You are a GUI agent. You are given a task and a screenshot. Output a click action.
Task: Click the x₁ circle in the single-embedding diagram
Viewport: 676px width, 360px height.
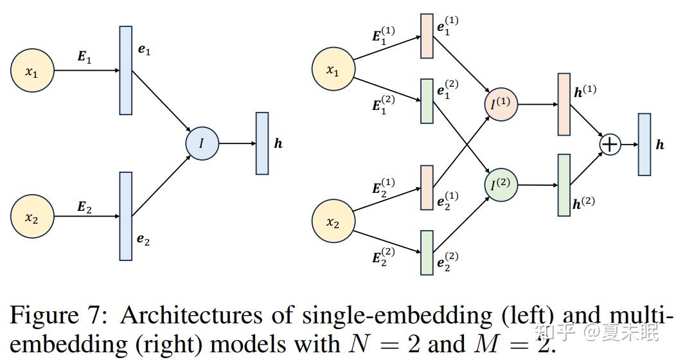coord(32,71)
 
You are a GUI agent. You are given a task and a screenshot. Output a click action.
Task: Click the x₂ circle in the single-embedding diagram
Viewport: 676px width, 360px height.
coord(32,217)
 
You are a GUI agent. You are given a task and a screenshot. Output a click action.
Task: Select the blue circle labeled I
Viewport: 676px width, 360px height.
coord(202,143)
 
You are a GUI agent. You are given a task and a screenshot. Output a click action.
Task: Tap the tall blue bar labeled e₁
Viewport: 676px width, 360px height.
coord(126,70)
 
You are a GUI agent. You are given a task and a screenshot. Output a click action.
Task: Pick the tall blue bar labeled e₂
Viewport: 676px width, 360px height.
coord(126,216)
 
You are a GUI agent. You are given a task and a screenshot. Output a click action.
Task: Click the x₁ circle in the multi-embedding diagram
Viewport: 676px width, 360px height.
coord(333,71)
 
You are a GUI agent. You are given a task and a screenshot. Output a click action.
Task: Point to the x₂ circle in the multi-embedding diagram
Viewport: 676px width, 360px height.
coord(333,222)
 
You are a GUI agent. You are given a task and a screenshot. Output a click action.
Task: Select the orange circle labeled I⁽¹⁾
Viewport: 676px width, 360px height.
coord(501,102)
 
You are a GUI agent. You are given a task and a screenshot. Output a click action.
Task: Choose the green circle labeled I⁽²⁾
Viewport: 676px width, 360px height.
coord(501,184)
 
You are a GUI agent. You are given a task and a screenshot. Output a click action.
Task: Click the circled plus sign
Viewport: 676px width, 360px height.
coord(609,144)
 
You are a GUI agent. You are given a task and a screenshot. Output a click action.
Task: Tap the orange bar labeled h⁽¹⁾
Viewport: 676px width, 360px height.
coord(564,104)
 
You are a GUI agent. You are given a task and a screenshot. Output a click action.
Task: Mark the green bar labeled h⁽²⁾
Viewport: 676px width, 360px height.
coord(564,185)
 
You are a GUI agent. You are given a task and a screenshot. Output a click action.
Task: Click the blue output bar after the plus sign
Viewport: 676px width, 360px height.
coord(644,144)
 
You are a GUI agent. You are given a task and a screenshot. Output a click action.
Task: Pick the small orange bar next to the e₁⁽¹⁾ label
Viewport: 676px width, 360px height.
coord(427,36)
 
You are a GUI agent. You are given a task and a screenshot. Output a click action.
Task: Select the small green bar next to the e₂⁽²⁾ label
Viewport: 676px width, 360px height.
coord(427,252)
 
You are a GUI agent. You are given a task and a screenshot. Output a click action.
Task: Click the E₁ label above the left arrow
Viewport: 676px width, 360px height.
coord(85,57)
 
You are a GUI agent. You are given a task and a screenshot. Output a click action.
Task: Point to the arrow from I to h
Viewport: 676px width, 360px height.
coord(236,143)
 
